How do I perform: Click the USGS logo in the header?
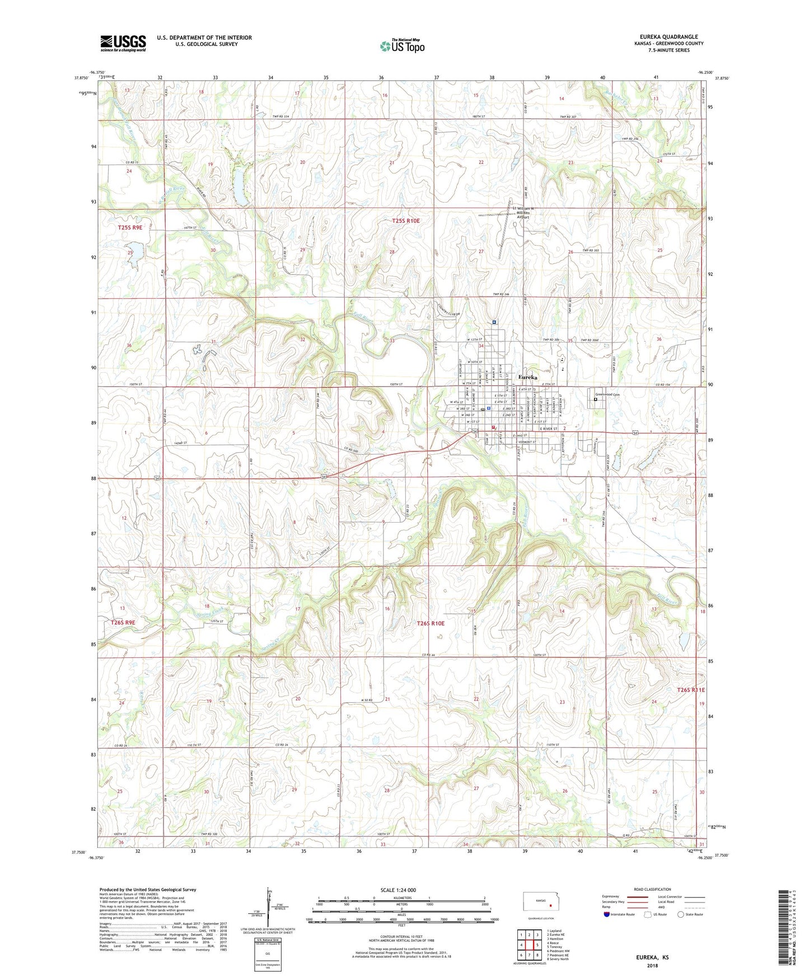[x=123, y=43]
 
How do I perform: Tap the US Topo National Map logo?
[x=402, y=45]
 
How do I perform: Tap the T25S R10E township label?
[x=405, y=221]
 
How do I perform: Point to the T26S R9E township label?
[x=123, y=622]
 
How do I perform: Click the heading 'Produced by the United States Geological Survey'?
[x=148, y=889]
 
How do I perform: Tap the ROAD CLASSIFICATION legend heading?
[x=651, y=889]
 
